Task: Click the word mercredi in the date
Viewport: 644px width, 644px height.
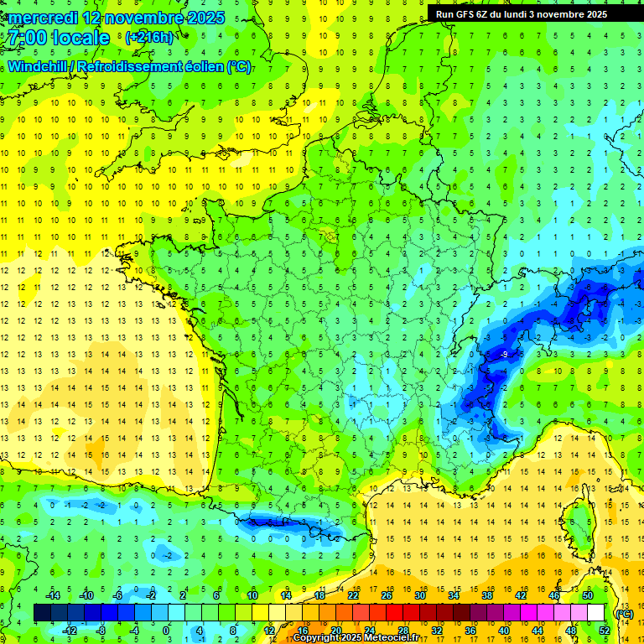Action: pos(44,18)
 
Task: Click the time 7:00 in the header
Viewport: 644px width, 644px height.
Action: pos(26,38)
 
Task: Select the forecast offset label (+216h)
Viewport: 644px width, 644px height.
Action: pos(149,37)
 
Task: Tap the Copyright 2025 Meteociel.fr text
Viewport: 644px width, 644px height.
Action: pos(356,637)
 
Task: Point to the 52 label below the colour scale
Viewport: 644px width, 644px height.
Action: pos(605,630)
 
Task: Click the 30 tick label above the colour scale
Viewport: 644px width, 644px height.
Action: pos(419,595)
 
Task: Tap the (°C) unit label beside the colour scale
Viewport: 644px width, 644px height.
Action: pos(623,613)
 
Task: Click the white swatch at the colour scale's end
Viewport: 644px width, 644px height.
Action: pos(596,613)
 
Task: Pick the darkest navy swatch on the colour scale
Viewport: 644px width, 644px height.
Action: pos(42,613)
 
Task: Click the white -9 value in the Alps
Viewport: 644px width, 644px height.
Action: pos(504,355)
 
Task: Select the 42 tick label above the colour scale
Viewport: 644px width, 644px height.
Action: pos(520,595)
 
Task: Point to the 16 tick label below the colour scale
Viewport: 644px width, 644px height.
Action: pos(302,630)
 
